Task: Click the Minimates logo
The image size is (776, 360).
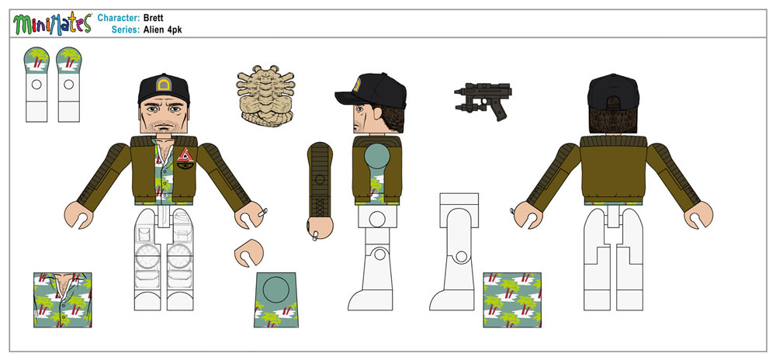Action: coord(53,24)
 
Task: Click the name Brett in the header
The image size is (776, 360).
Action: coord(154,19)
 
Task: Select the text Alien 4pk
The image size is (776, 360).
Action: coord(162,29)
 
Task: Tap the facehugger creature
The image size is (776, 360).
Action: coord(265,95)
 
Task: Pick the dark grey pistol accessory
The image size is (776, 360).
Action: coord(483,100)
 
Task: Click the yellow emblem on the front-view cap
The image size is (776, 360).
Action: coord(163,85)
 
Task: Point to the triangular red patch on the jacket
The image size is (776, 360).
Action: coord(185,154)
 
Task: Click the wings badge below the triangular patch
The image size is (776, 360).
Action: coord(185,166)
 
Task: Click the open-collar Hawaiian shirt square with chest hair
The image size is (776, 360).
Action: coord(62,299)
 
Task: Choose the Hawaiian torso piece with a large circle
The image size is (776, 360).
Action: coord(275,299)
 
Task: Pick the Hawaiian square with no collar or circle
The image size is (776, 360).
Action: coord(511,299)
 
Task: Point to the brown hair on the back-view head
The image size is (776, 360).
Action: coord(613,119)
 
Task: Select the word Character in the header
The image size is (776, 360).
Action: coord(119,19)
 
